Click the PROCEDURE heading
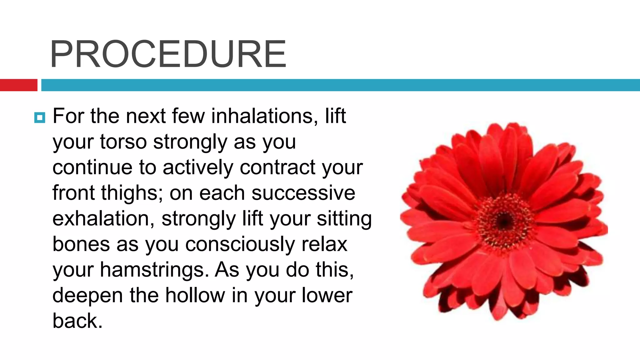(x=168, y=54)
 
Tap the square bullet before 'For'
(x=40, y=118)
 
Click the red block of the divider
(x=18, y=85)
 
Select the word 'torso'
(x=123, y=142)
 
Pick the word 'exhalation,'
(x=103, y=219)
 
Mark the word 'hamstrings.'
(x=154, y=270)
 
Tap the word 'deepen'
(x=87, y=296)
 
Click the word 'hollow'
(x=195, y=296)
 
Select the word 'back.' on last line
(x=77, y=321)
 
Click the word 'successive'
(x=303, y=193)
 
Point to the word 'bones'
(x=81, y=244)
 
